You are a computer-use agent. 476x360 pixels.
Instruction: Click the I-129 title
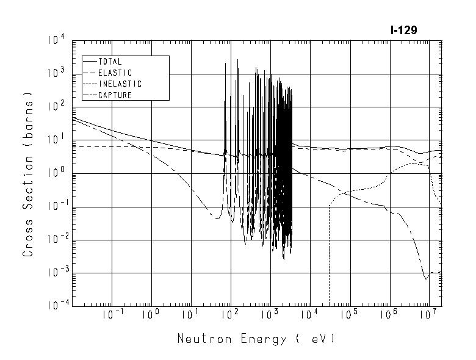(403, 30)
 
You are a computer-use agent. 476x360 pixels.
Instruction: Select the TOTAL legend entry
(110, 62)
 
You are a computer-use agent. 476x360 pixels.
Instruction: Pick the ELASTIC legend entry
(114, 73)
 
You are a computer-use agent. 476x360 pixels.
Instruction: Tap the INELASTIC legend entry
(120, 84)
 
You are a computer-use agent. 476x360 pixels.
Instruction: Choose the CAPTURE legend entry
(115, 95)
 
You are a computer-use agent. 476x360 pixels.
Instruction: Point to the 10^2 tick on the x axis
(229, 315)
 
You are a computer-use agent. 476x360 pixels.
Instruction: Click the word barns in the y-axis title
(28, 119)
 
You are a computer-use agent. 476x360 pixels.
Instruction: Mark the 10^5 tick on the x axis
(348, 315)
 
